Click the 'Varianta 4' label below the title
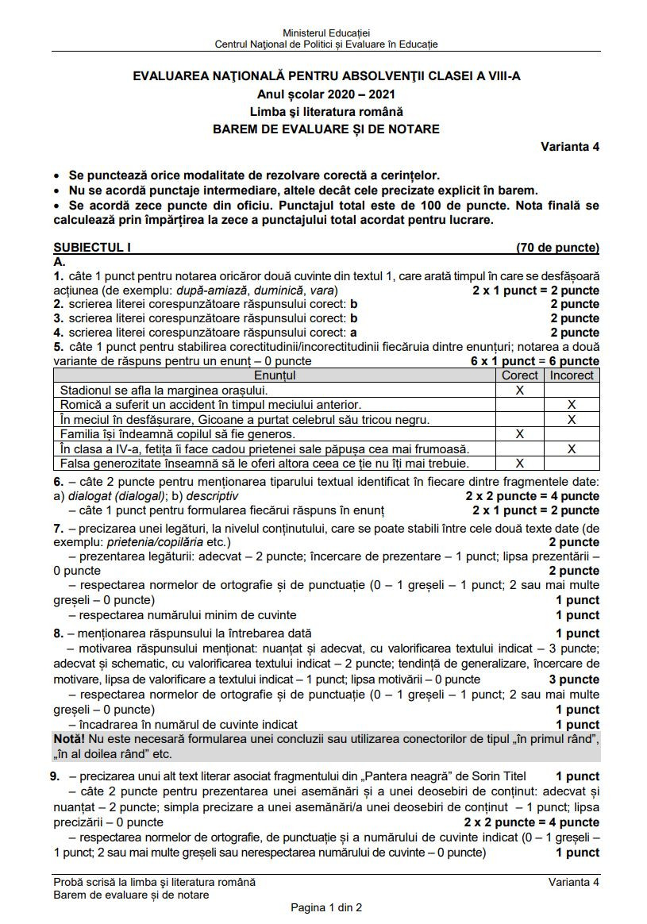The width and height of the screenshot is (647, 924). click(570, 146)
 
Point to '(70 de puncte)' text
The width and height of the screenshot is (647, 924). click(557, 248)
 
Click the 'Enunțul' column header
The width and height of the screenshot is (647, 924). click(275, 375)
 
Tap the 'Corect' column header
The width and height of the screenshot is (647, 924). click(520, 375)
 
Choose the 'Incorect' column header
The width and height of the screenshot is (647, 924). click(572, 375)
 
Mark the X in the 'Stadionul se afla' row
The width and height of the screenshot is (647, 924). click(520, 390)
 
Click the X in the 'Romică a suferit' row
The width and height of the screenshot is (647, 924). click(572, 405)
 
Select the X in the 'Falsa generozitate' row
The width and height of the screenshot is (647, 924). click(520, 463)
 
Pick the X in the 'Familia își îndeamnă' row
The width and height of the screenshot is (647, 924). click(520, 434)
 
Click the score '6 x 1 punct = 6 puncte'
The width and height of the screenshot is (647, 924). click(534, 361)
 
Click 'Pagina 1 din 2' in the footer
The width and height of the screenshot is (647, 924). click(326, 907)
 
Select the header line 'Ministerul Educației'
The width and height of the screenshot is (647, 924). click(326, 33)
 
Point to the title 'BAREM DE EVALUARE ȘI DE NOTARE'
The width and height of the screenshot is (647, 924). click(325, 129)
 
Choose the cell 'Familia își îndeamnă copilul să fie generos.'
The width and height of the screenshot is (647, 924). click(178, 434)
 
